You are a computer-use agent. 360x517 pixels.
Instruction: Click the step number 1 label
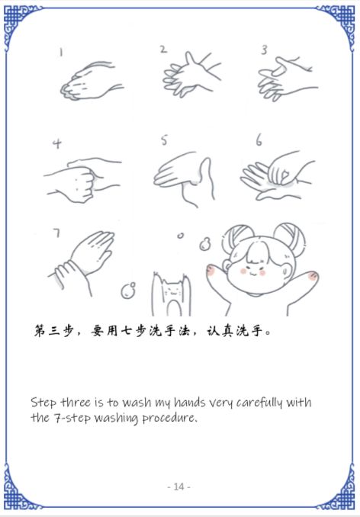(x=61, y=52)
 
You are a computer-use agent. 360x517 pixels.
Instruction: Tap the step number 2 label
(x=163, y=50)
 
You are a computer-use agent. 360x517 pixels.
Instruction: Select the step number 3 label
(x=264, y=50)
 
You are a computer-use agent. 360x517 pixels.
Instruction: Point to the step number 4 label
(x=57, y=144)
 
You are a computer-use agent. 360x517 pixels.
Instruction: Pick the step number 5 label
(x=164, y=140)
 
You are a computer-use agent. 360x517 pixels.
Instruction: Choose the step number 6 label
(x=259, y=141)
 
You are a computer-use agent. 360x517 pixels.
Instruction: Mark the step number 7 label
(x=57, y=233)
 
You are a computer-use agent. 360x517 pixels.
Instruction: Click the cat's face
(x=171, y=291)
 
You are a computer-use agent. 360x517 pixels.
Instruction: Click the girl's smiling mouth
(x=253, y=273)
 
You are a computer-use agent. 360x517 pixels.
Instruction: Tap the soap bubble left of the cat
(x=128, y=291)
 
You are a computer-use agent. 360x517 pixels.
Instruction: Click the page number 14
(x=178, y=486)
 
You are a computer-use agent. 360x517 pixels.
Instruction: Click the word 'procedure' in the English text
(x=170, y=419)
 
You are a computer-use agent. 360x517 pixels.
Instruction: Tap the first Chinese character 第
(x=40, y=330)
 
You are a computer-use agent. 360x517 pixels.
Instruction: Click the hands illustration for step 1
(x=92, y=80)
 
